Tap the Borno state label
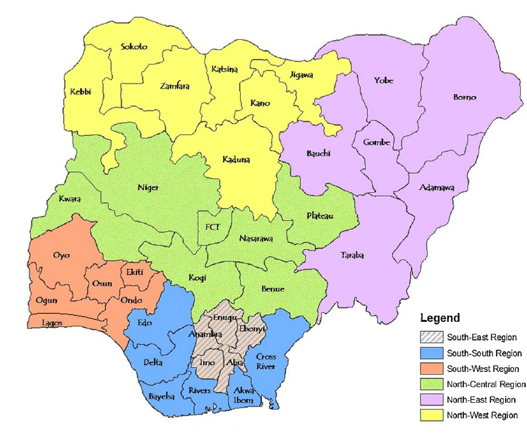(465, 97)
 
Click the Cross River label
(266, 362)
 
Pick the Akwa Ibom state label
(244, 395)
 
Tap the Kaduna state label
(236, 160)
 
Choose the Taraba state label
(352, 256)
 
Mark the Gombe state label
(377, 143)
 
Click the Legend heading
(440, 318)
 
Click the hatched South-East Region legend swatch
(431, 338)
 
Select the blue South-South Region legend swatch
(431, 353)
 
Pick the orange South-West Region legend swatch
(431, 369)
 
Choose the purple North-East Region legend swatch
(431, 400)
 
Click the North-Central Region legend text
(487, 384)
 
